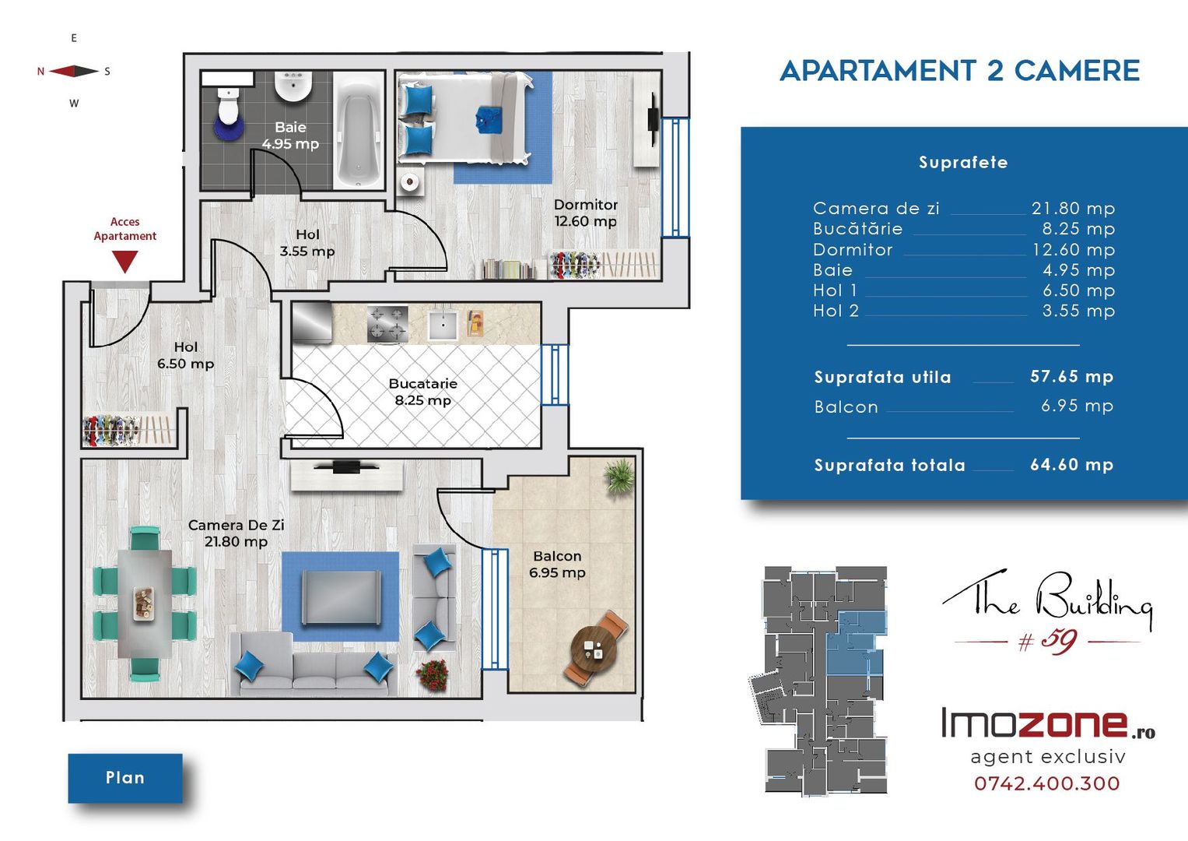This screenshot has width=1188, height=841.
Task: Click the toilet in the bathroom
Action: click(x=229, y=107)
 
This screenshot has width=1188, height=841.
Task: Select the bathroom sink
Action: click(x=293, y=86)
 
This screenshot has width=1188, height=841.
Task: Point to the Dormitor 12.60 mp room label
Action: click(x=586, y=213)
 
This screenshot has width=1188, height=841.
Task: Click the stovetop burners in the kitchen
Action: click(x=387, y=323)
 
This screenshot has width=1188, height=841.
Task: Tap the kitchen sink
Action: click(x=443, y=325)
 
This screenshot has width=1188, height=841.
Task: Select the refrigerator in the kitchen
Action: click(x=312, y=322)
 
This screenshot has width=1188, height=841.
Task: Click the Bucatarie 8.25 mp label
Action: click(x=422, y=392)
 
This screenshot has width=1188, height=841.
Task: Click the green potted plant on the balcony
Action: click(x=619, y=477)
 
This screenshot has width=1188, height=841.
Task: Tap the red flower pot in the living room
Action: click(x=433, y=675)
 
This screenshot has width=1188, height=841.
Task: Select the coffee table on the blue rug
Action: click(x=341, y=598)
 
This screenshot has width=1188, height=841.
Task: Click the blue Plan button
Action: click(x=125, y=778)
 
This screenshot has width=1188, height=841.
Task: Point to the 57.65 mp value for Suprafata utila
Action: click(x=1071, y=376)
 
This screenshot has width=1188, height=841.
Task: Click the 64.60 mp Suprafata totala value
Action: click(x=1071, y=465)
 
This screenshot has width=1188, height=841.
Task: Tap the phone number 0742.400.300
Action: click(x=1047, y=783)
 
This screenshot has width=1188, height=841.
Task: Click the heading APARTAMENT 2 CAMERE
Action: click(x=959, y=71)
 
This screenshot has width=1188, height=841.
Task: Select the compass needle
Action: click(x=74, y=71)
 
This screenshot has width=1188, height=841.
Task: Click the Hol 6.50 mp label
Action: click(x=186, y=355)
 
